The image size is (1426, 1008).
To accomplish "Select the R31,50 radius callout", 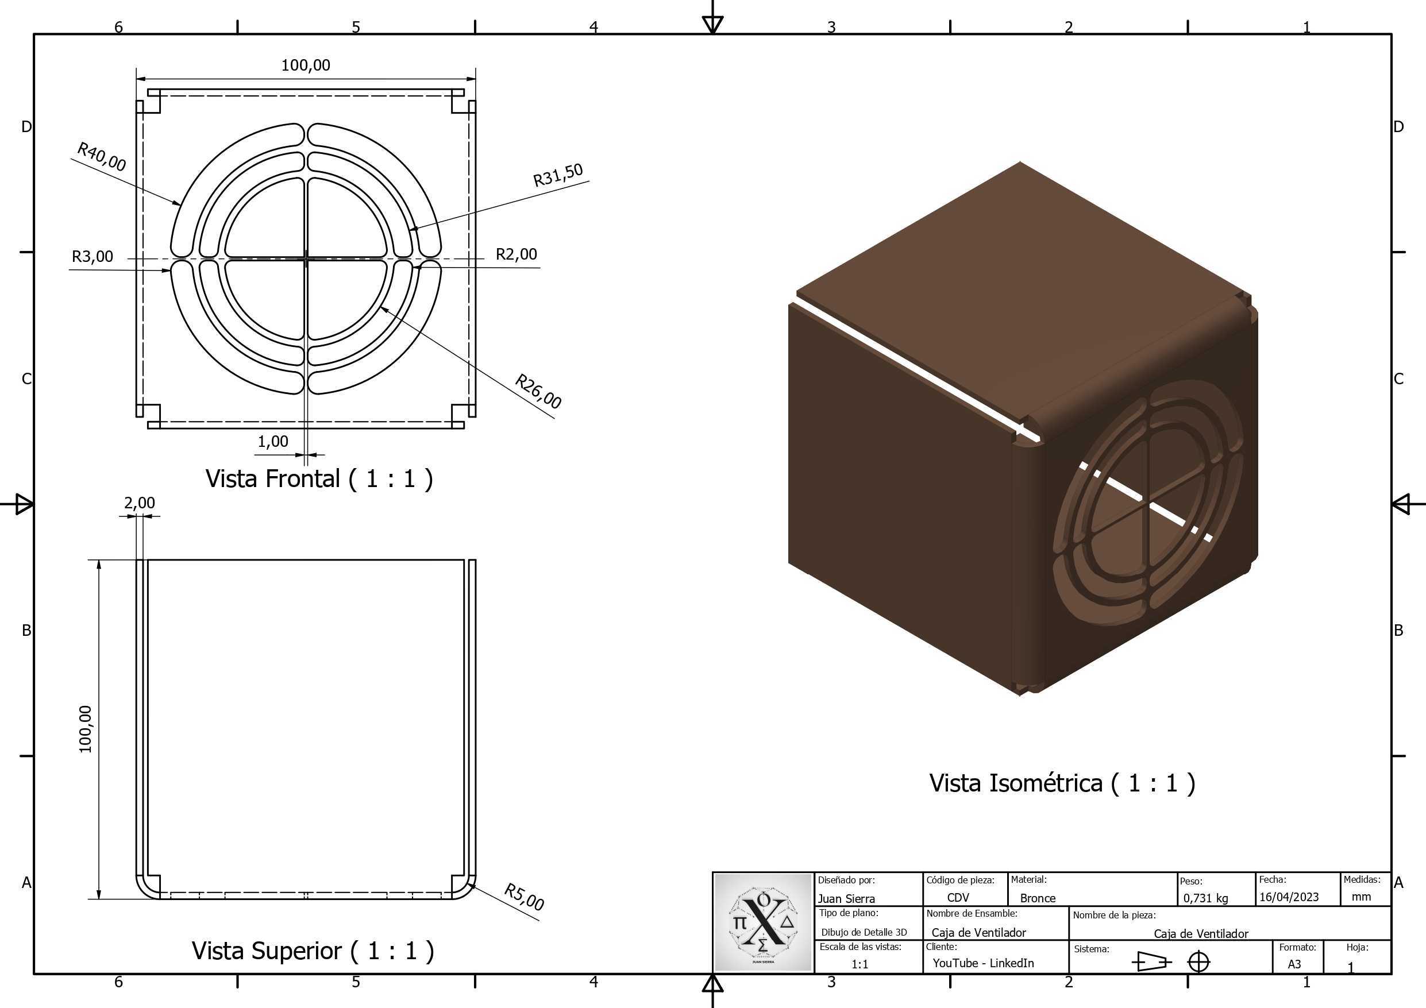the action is (558, 175).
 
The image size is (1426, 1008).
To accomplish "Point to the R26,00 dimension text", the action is (538, 391).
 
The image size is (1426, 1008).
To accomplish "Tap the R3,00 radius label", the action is (93, 256).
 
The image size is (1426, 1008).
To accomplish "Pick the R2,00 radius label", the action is (516, 253).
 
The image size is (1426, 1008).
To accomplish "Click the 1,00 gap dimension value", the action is (273, 441).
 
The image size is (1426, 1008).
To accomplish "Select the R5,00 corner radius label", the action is (524, 897).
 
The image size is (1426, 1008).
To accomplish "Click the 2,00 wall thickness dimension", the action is (140, 503).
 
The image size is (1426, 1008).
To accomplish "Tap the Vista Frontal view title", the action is (319, 478).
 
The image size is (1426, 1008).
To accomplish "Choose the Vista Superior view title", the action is (313, 950).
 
